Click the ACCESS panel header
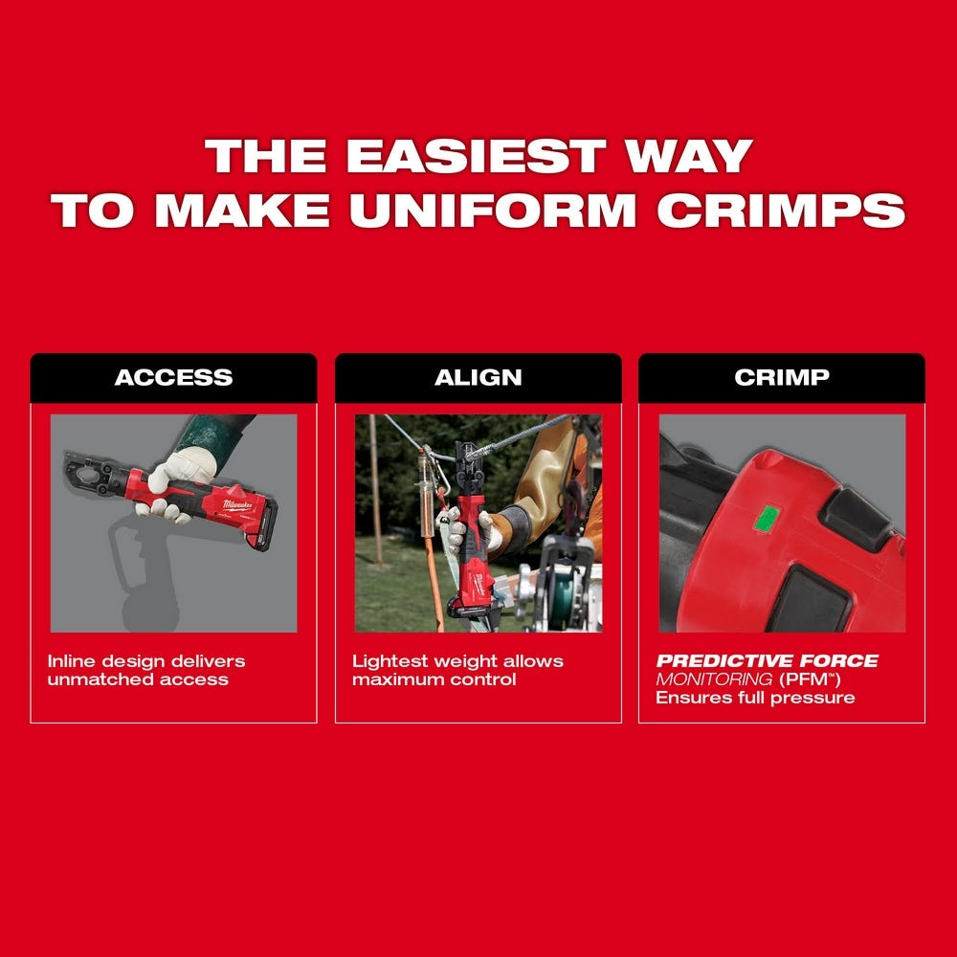pos(173,377)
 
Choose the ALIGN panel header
pos(478,377)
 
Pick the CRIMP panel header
pos(781,377)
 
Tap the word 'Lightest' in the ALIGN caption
pos(386,661)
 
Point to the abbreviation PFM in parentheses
pos(802,679)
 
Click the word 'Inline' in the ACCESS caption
pos(71,661)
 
